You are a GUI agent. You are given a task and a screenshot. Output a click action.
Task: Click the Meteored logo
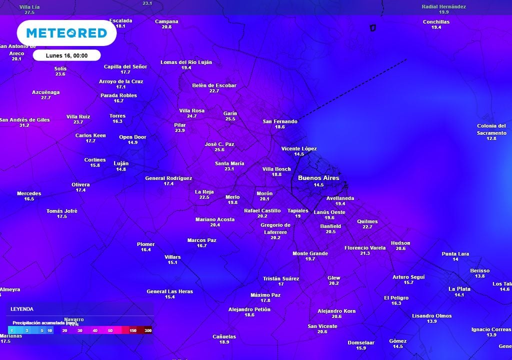pos(66,33)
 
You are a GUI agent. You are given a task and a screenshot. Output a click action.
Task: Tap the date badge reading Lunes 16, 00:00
pos(66,55)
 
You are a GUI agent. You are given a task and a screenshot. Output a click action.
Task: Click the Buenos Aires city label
pos(318,178)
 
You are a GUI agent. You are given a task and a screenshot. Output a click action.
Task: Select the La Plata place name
pos(459,289)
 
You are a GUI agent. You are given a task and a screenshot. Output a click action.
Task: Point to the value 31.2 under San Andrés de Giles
pos(24,125)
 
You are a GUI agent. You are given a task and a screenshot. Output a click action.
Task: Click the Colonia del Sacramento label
pos(491,129)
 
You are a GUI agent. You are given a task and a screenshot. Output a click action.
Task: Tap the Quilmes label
pos(367,221)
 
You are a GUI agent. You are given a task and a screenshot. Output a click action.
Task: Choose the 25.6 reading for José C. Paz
pos(219,149)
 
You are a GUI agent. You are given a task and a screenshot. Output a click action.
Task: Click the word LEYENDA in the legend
pos(22,309)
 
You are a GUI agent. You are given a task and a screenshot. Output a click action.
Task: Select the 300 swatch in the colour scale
pos(148,330)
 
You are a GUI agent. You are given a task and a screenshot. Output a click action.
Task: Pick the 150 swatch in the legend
pos(133,330)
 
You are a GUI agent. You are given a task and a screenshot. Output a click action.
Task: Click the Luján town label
pos(121,163)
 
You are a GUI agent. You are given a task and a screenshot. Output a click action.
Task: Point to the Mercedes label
pos(29,193)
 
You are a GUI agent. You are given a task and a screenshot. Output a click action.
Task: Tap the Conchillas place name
pos(436,22)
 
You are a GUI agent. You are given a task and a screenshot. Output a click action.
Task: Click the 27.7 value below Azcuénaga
pos(46,97)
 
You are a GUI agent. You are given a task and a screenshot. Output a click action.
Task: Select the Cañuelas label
pos(224,336)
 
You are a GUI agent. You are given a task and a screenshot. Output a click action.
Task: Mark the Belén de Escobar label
pos(214,85)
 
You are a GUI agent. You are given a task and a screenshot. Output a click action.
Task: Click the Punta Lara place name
pos(455,254)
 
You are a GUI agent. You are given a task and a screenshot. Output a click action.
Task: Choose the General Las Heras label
pos(169,291)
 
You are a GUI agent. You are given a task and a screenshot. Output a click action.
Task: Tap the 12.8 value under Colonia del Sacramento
pos(491,138)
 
